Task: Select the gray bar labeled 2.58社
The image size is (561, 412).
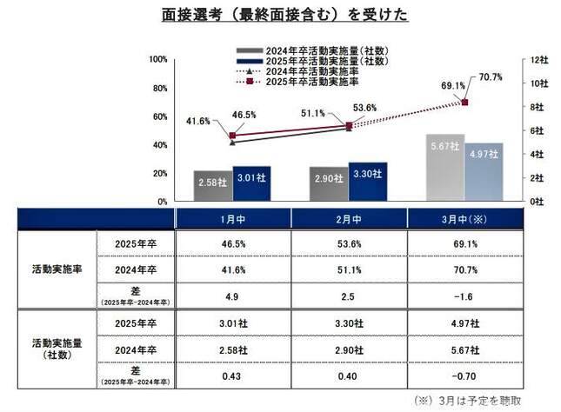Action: click(212, 185)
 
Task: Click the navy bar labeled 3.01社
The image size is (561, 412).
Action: click(251, 183)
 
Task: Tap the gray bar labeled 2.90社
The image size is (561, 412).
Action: click(328, 183)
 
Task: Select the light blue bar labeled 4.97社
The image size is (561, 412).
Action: click(484, 171)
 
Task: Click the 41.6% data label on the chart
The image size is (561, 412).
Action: click(199, 121)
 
